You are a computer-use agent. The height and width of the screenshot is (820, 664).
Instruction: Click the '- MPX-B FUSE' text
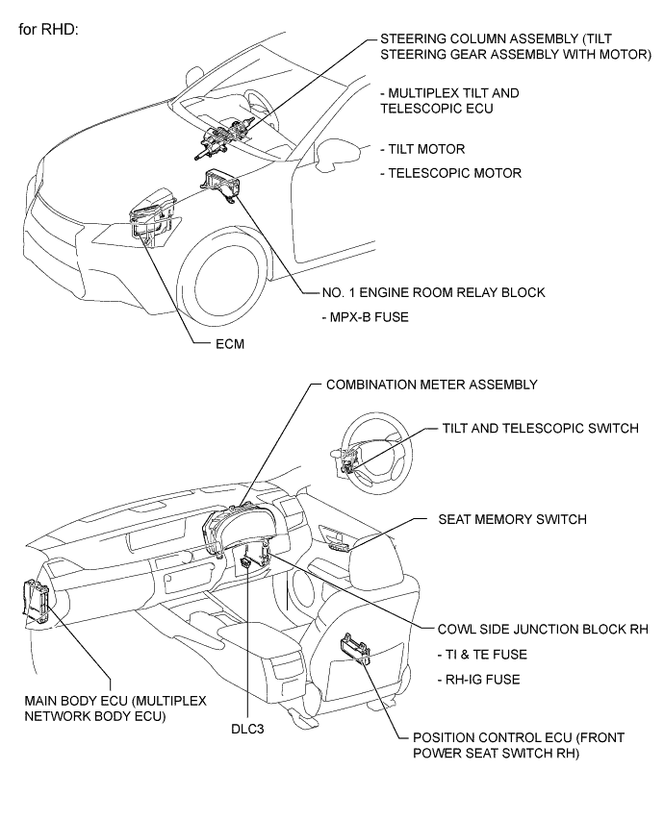[349, 315]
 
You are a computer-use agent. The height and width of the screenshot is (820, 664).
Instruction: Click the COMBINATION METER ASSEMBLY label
[429, 385]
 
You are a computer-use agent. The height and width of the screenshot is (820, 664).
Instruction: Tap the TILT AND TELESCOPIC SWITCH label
[539, 429]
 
